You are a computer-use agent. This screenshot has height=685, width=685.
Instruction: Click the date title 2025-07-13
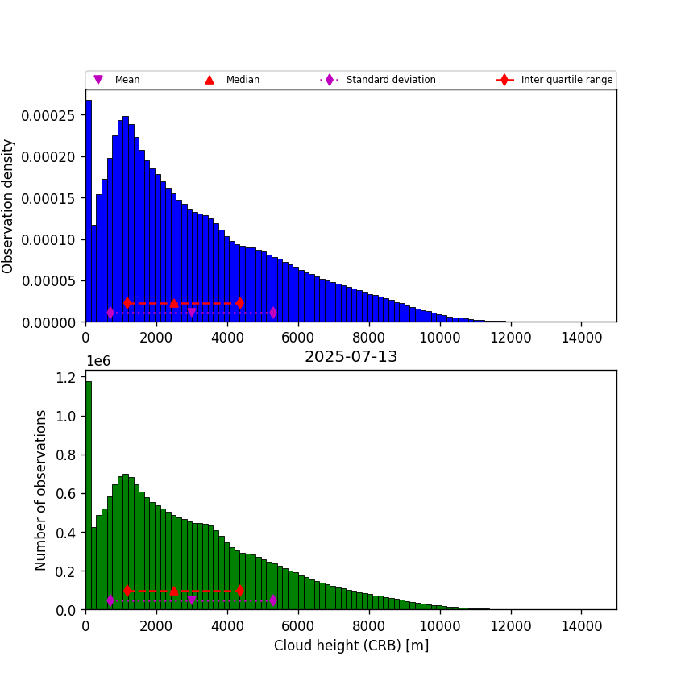tap(351, 357)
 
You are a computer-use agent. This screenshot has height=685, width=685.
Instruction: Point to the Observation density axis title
tap(9, 206)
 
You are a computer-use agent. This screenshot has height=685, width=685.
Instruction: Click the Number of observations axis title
tap(41, 490)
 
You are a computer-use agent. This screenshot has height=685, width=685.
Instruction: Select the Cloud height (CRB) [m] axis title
tap(351, 646)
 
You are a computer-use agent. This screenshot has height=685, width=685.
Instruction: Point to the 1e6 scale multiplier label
tap(98, 361)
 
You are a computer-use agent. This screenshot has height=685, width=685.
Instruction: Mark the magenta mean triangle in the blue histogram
tap(192, 313)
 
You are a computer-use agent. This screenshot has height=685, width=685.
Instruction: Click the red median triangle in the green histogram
tap(174, 591)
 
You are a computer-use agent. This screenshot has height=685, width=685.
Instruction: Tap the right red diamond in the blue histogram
tap(239, 303)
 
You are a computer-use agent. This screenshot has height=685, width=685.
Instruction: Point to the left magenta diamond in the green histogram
tap(110, 600)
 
